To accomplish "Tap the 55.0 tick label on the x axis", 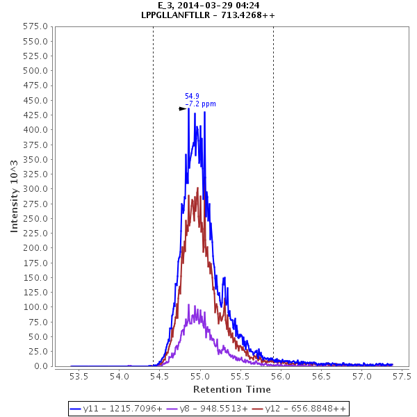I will [x=200, y=377].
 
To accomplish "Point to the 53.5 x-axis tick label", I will [x=79, y=377].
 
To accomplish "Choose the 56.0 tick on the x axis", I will [x=281, y=377].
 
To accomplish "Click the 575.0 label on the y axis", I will [x=35, y=26].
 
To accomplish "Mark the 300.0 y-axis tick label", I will [x=35, y=189].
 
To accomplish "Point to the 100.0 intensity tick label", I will [x=35, y=307].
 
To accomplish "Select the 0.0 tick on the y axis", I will [x=41, y=366].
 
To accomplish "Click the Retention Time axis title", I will [x=231, y=389].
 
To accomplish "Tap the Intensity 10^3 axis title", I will [x=15, y=196].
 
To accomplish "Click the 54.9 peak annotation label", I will [x=192, y=96].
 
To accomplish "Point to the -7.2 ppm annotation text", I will [x=200, y=104].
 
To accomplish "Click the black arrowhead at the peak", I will [x=183, y=108].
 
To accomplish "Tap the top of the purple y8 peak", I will [x=189, y=304].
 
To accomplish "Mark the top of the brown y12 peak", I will [x=198, y=188].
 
